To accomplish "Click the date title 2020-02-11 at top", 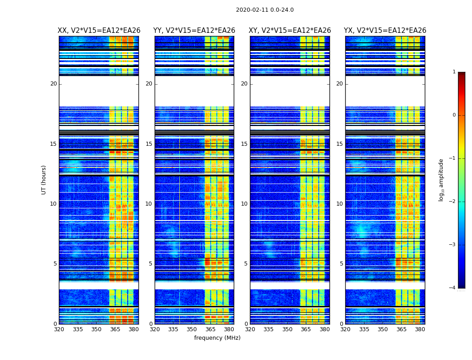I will [x=264, y=10].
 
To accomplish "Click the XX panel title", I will [x=99, y=31].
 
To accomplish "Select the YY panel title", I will [x=194, y=31].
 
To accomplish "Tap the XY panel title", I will [x=290, y=31].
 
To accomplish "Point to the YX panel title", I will [x=385, y=31].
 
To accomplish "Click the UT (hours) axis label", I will [x=44, y=180].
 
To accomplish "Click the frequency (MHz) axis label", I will [x=217, y=338].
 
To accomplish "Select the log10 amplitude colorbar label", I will [x=441, y=180].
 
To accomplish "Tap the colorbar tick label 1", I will [x=454, y=72].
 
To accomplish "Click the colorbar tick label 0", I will [x=454, y=115].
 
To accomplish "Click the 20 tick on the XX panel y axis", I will [x=53, y=84].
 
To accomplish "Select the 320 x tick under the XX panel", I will [x=59, y=329].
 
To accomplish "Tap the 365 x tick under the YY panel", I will [x=211, y=329].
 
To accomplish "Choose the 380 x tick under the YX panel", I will [x=420, y=329].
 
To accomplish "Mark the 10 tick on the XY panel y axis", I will [x=244, y=204].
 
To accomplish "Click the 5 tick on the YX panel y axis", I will [x=341, y=264].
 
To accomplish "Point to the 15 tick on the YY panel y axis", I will [x=149, y=144].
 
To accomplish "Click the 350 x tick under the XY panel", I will [x=287, y=329].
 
